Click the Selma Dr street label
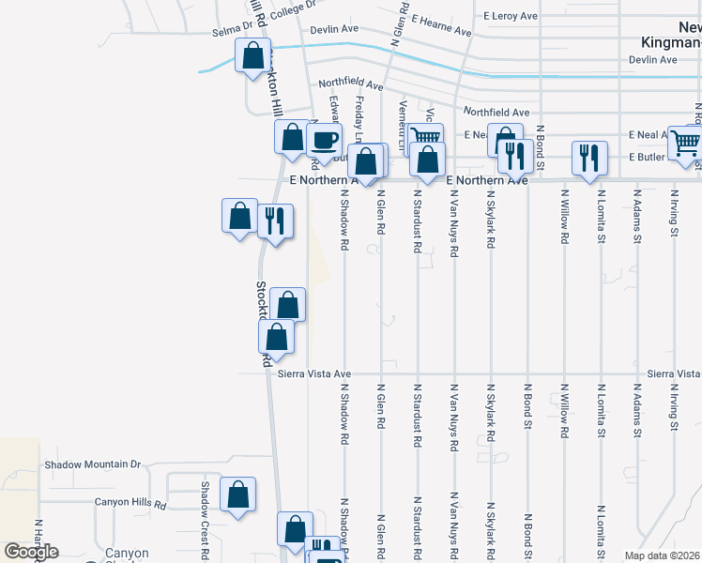click(233, 31)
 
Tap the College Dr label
click(294, 16)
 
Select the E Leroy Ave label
click(511, 16)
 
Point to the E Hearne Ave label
click(441, 25)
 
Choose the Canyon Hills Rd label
click(130, 503)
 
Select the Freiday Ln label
click(359, 116)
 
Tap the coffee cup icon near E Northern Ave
click(325, 141)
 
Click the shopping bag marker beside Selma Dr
click(253, 55)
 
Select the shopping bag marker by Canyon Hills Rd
click(238, 495)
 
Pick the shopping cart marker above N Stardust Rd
click(426, 137)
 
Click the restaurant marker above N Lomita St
click(588, 158)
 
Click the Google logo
click(31, 552)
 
